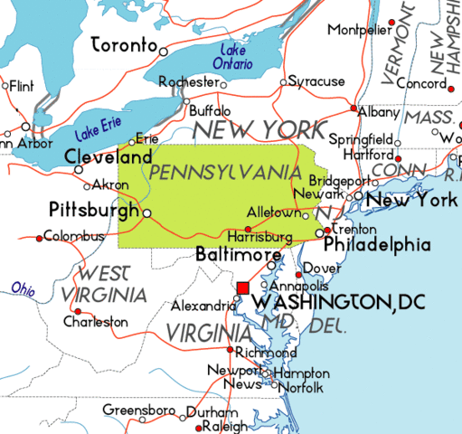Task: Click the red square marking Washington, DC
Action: click(x=242, y=288)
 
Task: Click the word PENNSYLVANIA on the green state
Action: click(x=224, y=171)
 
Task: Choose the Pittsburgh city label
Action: click(x=94, y=209)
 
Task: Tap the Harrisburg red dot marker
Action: click(x=248, y=228)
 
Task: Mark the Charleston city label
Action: click(x=95, y=322)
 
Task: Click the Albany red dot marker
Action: click(x=354, y=108)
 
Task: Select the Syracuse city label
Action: click(x=316, y=81)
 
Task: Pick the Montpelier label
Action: click(x=360, y=29)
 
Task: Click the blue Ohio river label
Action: click(x=24, y=288)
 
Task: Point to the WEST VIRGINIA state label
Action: click(x=110, y=284)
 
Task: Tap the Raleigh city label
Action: click(x=225, y=426)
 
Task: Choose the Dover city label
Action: click(x=323, y=269)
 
